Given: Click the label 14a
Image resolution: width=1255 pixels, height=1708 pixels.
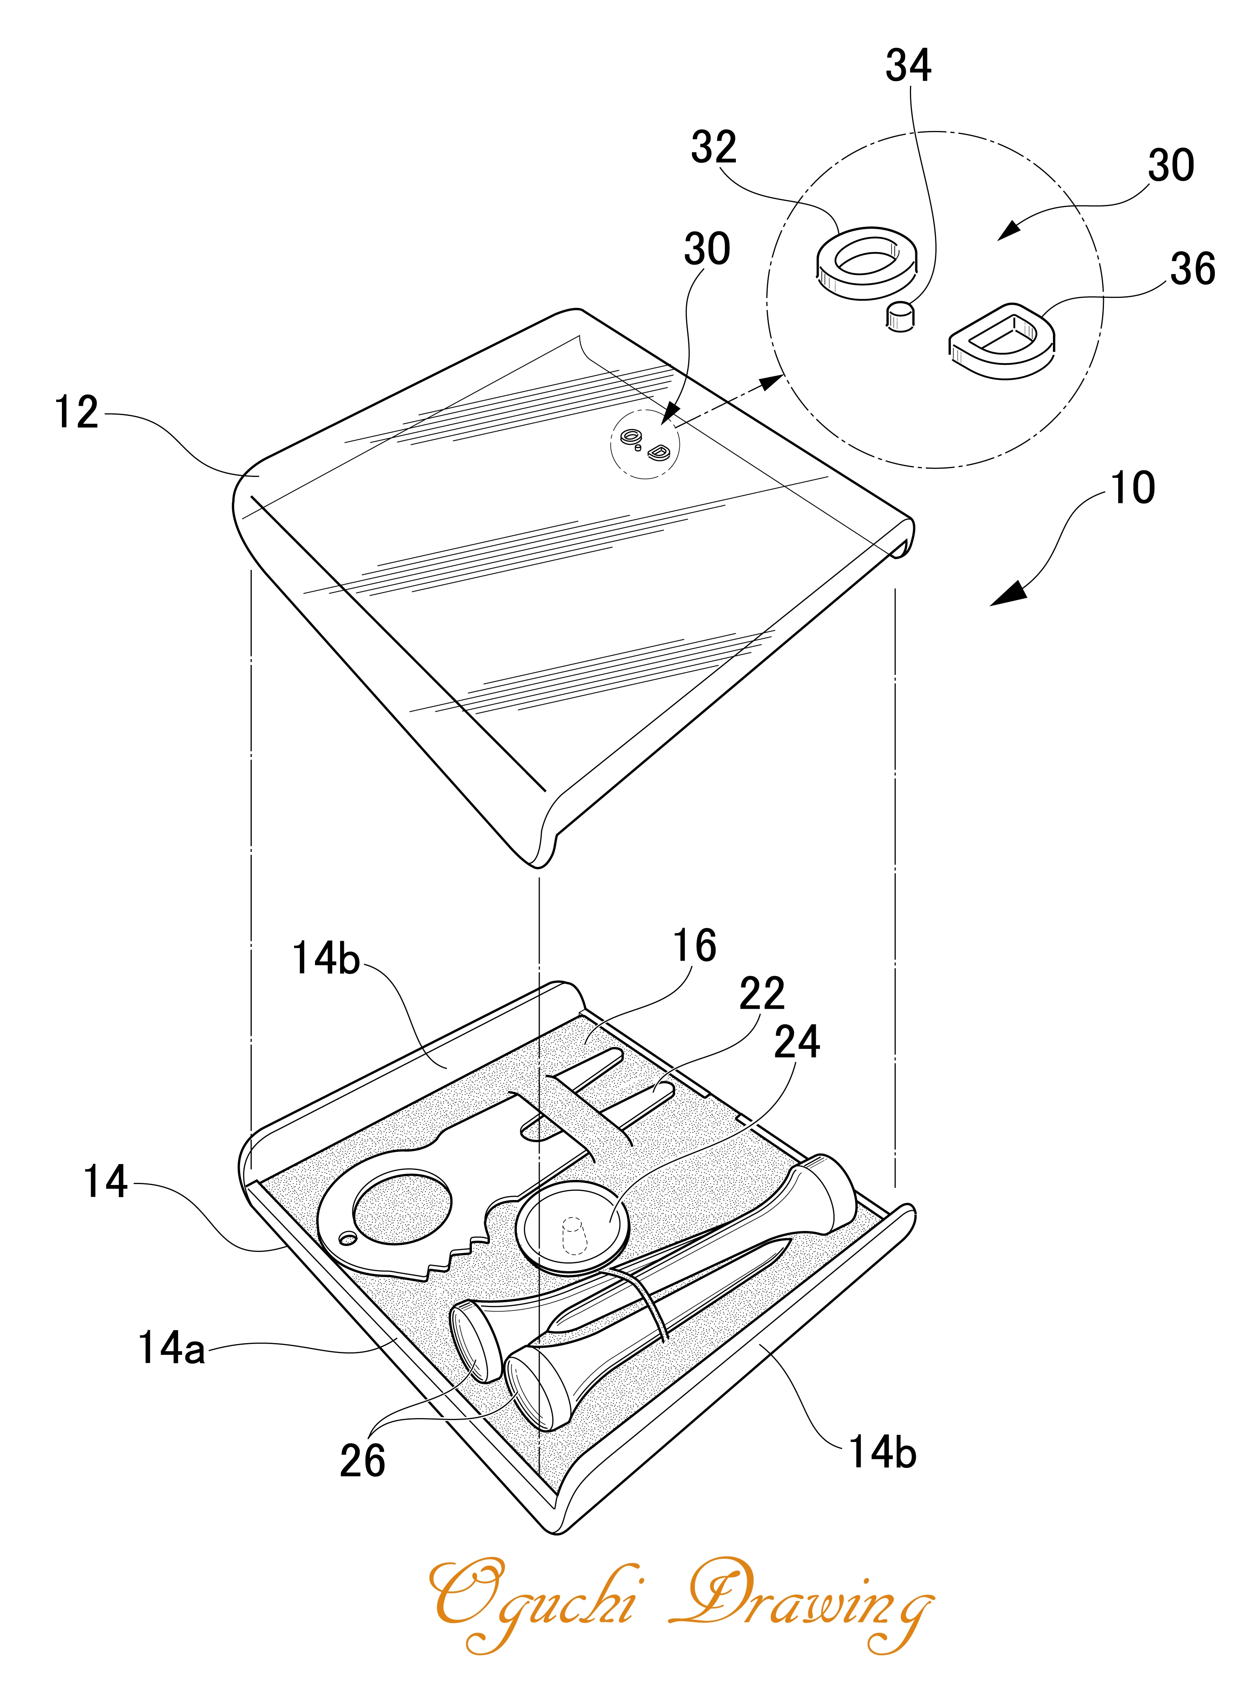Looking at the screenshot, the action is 172,1348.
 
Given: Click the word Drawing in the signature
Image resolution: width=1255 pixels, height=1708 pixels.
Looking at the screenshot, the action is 802,1602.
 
